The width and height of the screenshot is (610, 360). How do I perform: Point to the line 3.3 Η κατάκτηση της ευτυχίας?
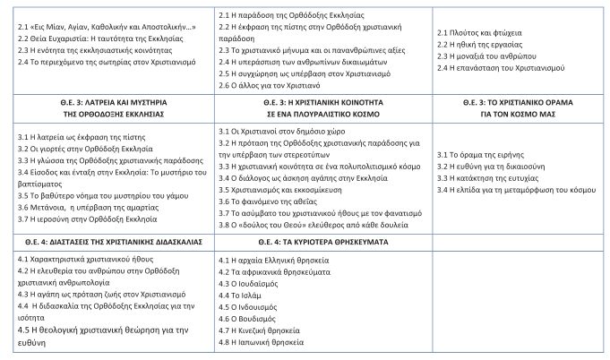[x=490, y=178]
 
